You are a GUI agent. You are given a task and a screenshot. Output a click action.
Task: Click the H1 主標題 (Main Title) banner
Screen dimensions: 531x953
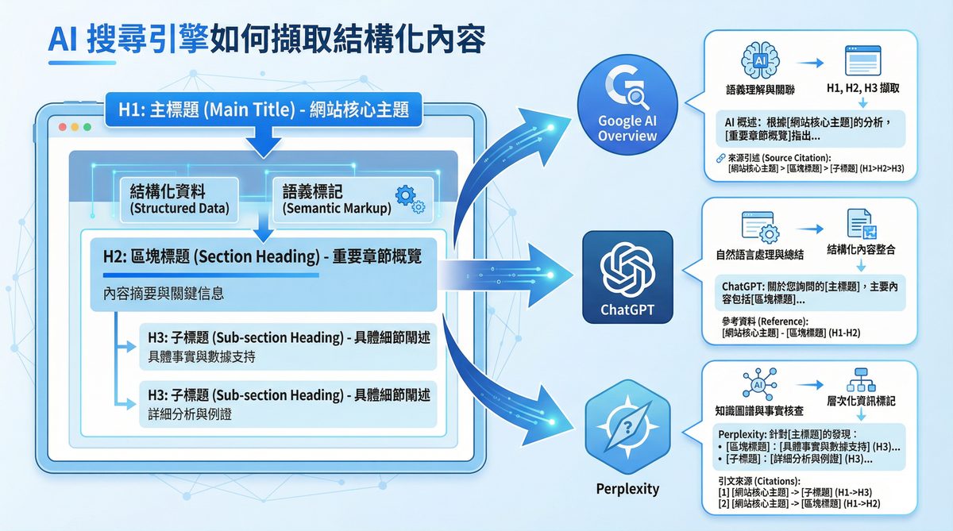264,110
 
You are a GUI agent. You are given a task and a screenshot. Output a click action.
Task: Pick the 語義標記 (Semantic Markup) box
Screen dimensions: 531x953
338,198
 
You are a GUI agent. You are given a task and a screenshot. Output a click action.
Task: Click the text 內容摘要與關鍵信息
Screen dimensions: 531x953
164,294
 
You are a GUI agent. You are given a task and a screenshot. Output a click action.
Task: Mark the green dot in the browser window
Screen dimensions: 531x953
88,127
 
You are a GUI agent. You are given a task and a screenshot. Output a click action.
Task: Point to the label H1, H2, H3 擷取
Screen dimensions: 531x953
862,90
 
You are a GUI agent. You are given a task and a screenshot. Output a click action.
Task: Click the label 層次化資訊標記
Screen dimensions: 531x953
861,401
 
